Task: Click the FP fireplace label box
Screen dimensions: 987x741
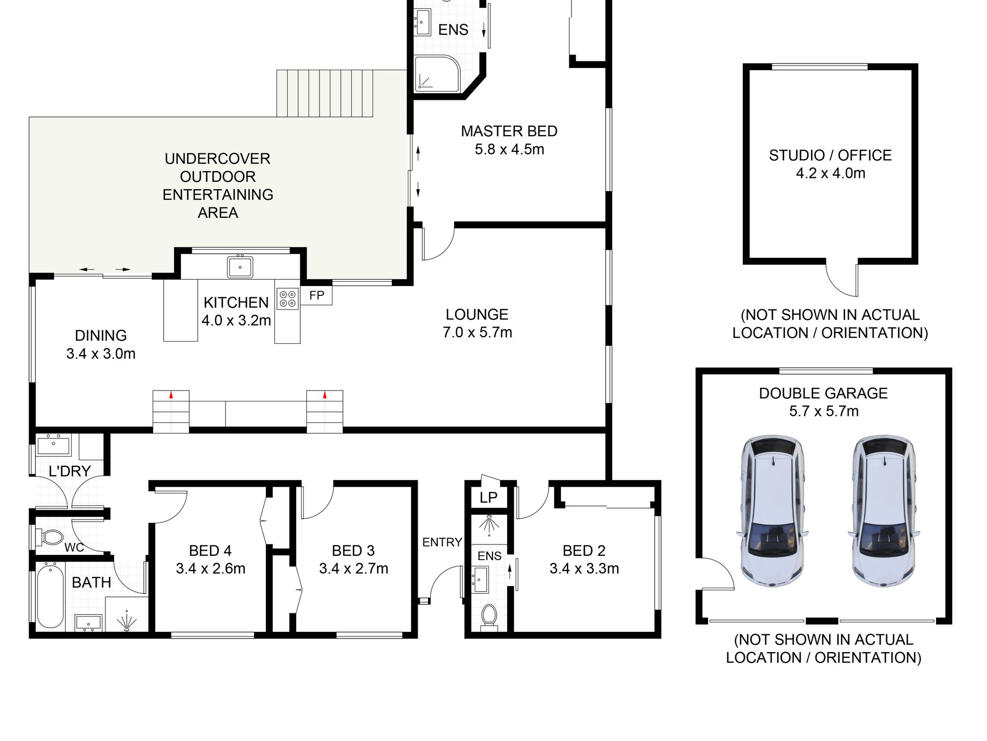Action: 316,295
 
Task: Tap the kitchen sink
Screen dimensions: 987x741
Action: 240,267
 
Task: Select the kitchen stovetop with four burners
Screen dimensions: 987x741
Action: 288,299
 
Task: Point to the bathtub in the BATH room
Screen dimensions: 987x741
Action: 50,597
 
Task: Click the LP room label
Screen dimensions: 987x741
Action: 488,498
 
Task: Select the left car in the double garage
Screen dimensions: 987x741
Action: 772,511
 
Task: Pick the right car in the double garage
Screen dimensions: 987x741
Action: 884,511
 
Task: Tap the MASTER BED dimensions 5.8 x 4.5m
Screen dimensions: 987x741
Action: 509,150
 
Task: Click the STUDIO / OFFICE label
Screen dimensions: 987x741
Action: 830,155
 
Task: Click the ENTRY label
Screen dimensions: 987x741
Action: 442,542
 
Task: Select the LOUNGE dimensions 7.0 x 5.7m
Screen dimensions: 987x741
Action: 477,332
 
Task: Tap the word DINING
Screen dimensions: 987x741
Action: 101,335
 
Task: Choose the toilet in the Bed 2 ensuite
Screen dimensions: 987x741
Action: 489,616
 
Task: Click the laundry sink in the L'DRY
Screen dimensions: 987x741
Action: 54,446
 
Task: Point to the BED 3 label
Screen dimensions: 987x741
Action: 353,551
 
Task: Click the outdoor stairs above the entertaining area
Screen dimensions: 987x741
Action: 325,94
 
